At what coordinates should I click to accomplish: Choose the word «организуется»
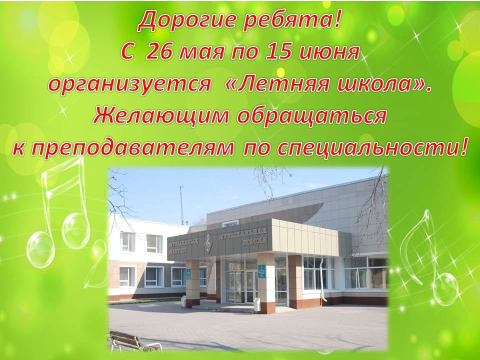coord(129,84)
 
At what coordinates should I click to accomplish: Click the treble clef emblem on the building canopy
coord(208,241)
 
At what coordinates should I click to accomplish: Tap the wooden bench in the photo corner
coord(134,340)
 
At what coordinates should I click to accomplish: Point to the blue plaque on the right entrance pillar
coord(261,271)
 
